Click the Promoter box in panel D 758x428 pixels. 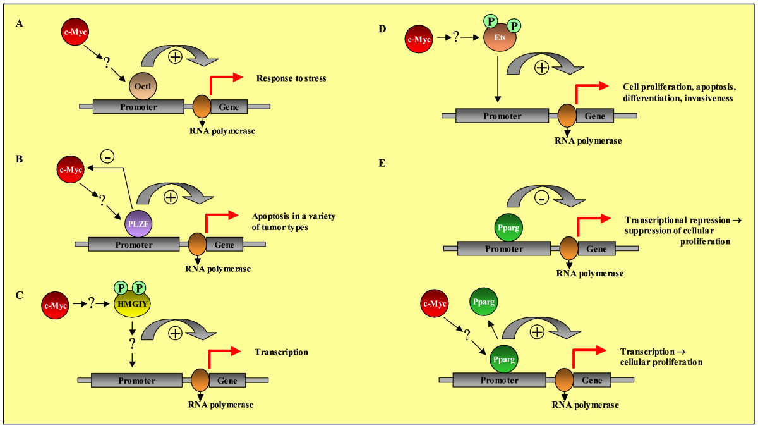tap(502, 116)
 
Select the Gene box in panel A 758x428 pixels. tap(229, 107)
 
